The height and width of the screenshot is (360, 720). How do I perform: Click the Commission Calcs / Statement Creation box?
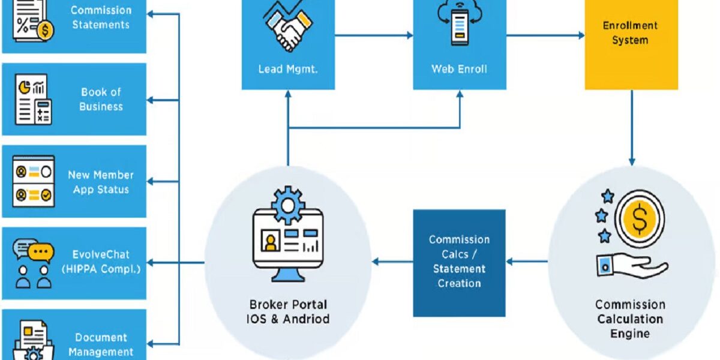[459, 262]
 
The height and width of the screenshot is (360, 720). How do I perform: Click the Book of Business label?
[101, 100]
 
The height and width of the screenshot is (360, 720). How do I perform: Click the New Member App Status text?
[101, 182]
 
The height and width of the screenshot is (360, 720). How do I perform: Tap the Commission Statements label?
[101, 17]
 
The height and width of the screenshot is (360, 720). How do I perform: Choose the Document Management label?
[101, 344]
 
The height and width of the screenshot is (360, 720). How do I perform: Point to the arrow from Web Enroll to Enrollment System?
[545, 35]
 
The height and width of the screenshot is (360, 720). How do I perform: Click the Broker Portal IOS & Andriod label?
[289, 311]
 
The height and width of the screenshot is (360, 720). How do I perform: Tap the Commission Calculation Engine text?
[630, 319]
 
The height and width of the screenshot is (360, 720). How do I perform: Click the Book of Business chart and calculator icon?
[34, 100]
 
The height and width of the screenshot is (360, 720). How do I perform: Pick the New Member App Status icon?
[34, 182]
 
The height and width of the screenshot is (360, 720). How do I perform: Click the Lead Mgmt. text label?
[288, 69]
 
